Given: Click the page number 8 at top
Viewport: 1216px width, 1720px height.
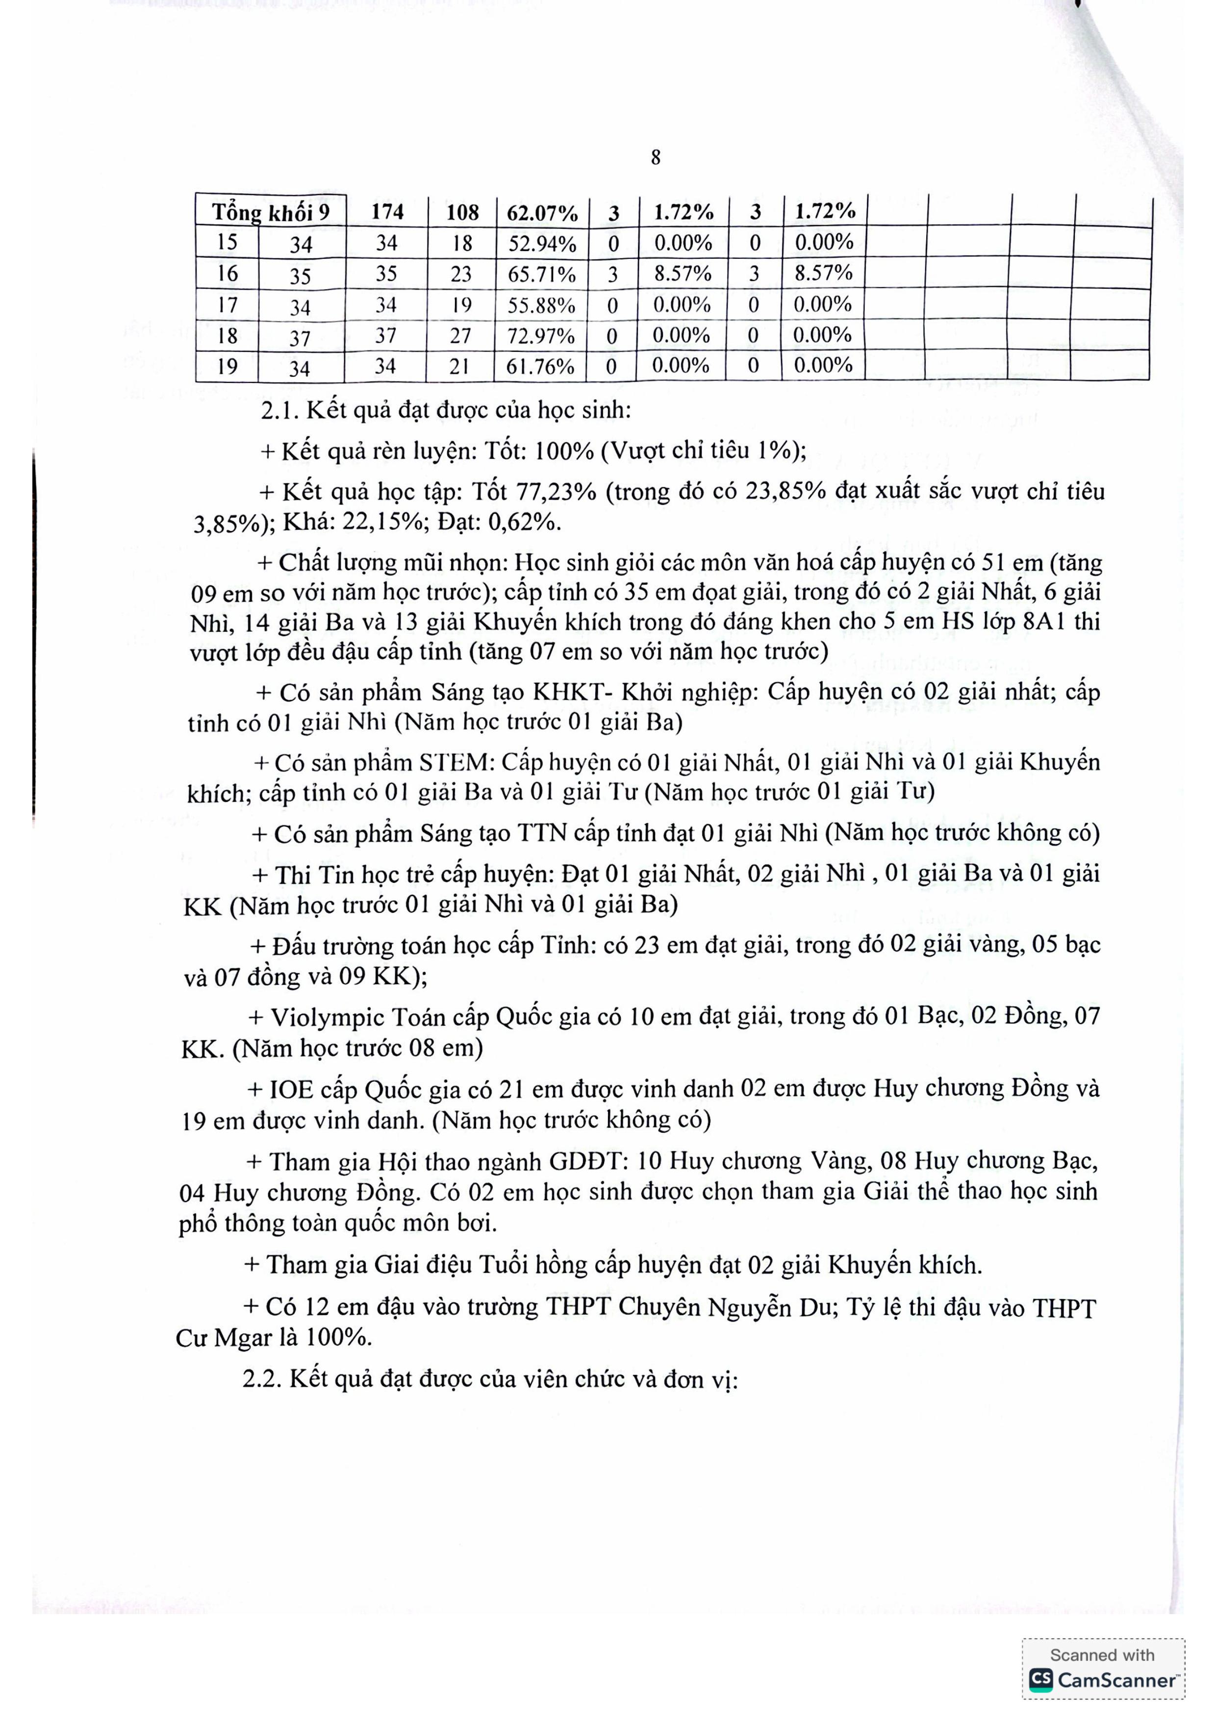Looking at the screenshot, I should pyautogui.click(x=656, y=157).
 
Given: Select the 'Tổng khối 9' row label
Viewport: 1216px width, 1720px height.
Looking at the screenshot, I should pyautogui.click(x=271, y=212).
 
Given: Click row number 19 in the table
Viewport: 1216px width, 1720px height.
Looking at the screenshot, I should pyautogui.click(x=227, y=366).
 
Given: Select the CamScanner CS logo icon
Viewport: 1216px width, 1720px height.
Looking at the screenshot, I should pyautogui.click(x=1040, y=1679).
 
